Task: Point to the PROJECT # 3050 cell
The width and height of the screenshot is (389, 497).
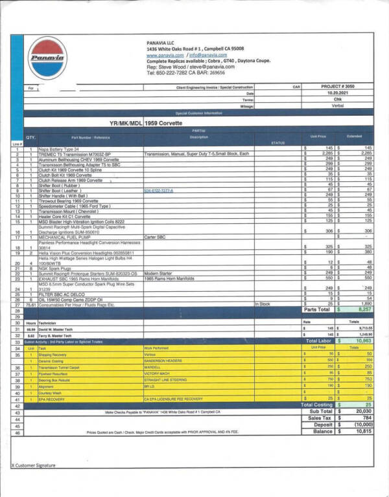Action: click(x=338, y=86)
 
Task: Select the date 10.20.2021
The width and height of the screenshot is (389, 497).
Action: click(x=338, y=93)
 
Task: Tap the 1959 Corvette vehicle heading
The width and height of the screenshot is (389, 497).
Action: click(x=164, y=122)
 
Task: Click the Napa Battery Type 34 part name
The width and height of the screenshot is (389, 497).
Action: click(x=58, y=148)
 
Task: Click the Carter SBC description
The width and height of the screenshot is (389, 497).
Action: click(x=156, y=237)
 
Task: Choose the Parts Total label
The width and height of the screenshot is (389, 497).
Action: click(x=316, y=310)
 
